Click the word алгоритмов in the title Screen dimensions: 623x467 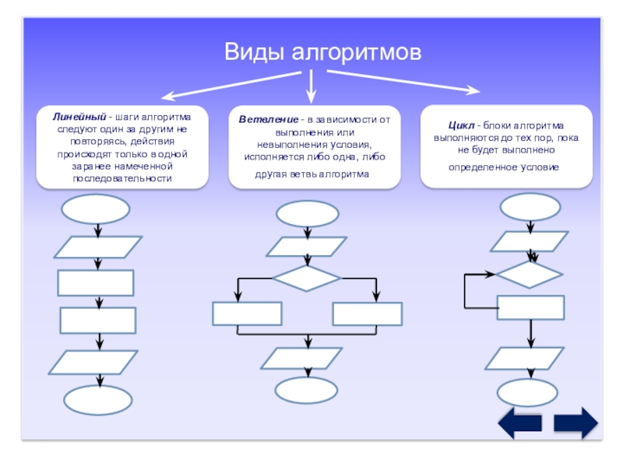[x=357, y=53]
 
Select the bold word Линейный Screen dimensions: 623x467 [x=79, y=117]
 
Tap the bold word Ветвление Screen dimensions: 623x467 [x=268, y=120]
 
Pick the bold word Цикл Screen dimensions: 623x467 [x=461, y=125]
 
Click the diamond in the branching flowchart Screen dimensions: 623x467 [x=306, y=278]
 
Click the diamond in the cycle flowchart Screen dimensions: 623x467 [x=530, y=274]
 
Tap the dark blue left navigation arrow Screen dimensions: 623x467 [x=519, y=423]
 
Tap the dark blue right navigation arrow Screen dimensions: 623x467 [x=576, y=423]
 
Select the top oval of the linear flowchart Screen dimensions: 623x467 [x=95, y=209]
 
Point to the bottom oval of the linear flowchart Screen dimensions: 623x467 [x=98, y=400]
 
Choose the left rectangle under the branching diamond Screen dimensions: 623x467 [x=247, y=314]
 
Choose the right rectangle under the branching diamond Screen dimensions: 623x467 [x=368, y=314]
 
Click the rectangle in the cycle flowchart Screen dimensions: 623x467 [x=531, y=307]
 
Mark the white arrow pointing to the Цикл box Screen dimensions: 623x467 [x=403, y=82]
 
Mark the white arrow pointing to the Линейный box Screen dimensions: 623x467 [x=231, y=86]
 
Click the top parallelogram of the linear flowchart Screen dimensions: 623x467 [x=98, y=247]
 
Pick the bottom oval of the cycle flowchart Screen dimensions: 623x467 [x=527, y=393]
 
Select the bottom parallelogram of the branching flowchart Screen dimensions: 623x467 [x=301, y=359]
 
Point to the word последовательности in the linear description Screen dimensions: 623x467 [x=122, y=179]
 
